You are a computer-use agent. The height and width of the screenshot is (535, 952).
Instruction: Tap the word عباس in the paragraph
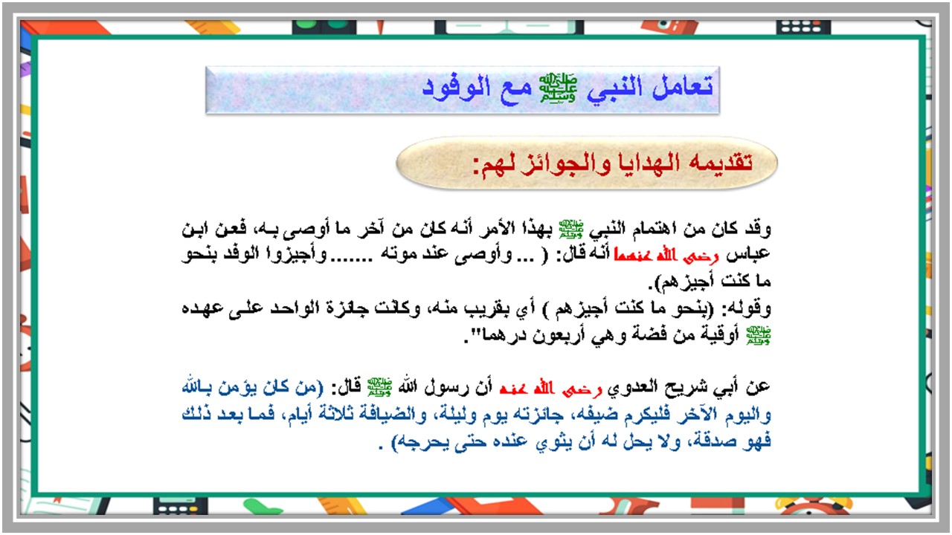pos(751,254)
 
